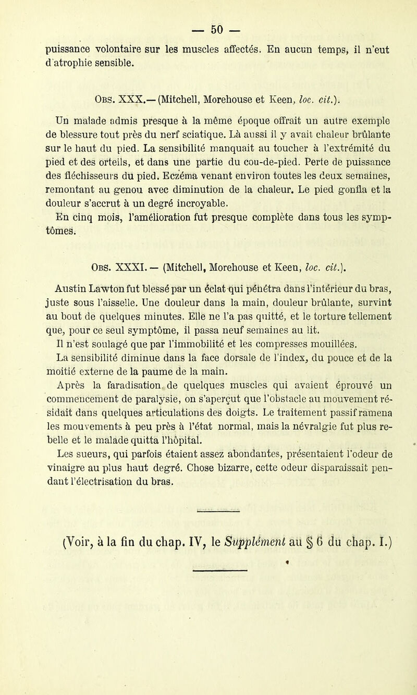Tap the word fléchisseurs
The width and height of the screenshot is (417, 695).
pyautogui.click(x=77, y=168)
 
